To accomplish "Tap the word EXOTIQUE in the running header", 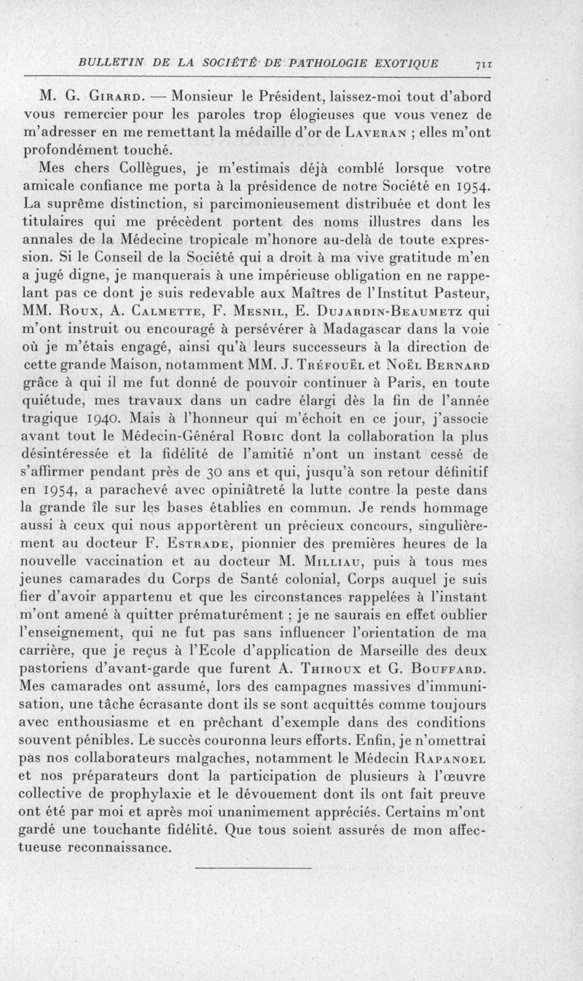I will pyautogui.click(x=404, y=63).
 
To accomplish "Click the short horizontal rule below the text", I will pyautogui.click(x=254, y=867).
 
